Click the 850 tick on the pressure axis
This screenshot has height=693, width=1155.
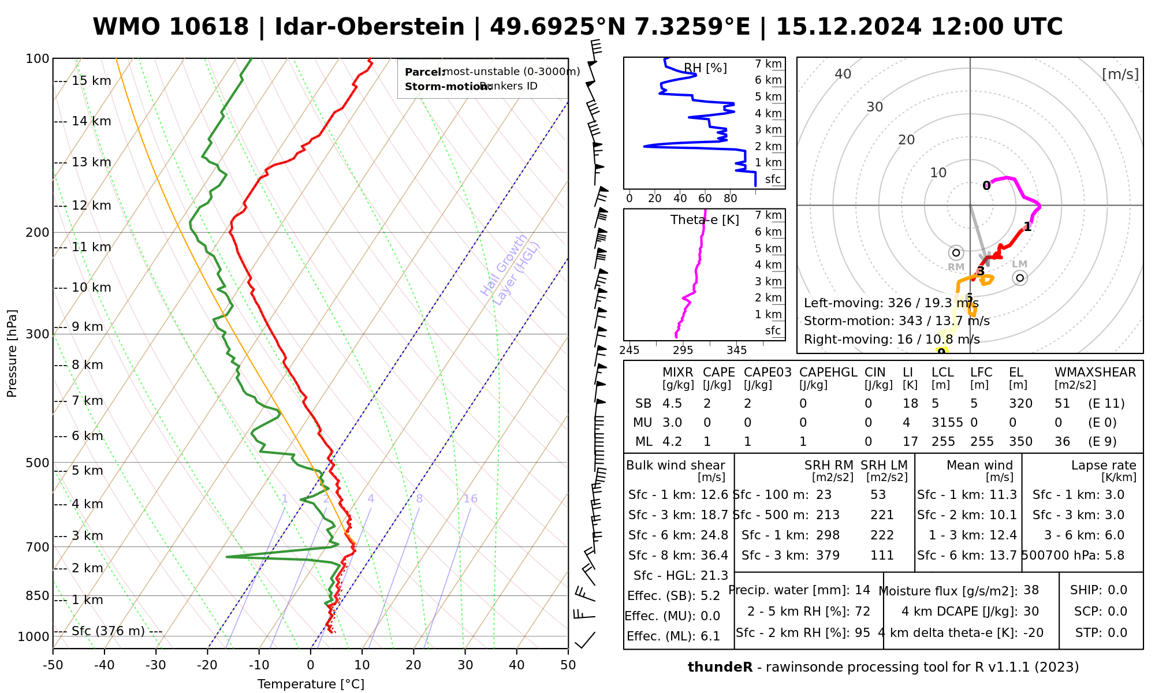[38, 595]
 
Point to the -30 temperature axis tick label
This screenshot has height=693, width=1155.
[155, 665]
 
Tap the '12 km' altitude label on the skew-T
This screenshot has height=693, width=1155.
[91, 206]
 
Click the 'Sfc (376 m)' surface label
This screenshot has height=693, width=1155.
[108, 631]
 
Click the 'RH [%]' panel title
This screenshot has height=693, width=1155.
[705, 68]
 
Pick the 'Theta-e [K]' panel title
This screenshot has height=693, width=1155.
[705, 220]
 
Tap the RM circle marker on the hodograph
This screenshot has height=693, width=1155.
[956, 252]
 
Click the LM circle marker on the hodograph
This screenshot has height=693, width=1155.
[1020, 278]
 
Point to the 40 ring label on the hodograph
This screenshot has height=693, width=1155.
[843, 74]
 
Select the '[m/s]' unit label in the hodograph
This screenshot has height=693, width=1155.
[1120, 74]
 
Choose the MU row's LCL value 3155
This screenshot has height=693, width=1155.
[947, 422]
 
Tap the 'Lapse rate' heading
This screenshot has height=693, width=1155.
[1103, 465]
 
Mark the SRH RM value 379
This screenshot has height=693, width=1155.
[828, 555]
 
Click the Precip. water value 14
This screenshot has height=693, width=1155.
[862, 590]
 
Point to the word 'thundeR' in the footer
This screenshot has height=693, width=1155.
[720, 667]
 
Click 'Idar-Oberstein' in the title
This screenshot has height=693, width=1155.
[370, 27]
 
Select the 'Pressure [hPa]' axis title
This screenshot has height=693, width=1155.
[12, 353]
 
